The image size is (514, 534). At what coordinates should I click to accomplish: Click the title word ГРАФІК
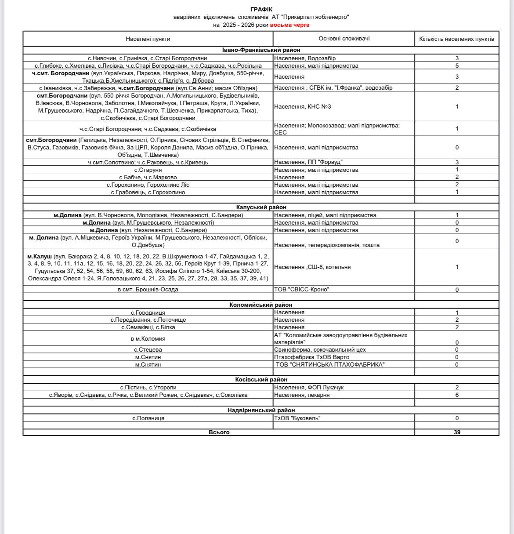click(261, 9)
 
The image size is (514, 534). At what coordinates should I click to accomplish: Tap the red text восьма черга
click(290, 25)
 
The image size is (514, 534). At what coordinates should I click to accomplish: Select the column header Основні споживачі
click(344, 38)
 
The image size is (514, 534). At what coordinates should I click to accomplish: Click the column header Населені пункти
click(148, 39)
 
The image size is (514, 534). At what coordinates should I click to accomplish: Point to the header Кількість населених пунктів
click(456, 39)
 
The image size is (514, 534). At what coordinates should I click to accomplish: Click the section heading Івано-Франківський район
click(261, 50)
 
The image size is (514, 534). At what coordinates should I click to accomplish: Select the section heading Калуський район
click(261, 207)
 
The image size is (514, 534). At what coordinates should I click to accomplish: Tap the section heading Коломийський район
click(261, 305)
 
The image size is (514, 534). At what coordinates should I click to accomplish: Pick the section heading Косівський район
click(261, 379)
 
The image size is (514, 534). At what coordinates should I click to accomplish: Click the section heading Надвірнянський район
click(261, 410)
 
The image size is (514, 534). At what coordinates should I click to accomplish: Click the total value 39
click(457, 432)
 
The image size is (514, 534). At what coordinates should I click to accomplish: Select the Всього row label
click(219, 432)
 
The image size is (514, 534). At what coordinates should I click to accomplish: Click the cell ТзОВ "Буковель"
click(297, 418)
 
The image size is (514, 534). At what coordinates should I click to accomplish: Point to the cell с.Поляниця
click(148, 418)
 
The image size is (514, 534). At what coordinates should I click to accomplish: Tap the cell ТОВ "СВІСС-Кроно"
click(301, 289)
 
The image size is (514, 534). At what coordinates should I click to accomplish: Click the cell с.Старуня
click(148, 170)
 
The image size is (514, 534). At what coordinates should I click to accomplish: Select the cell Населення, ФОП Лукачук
click(308, 387)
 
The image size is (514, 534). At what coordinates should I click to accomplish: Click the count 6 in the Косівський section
click(457, 395)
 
